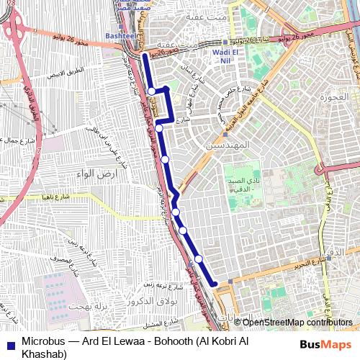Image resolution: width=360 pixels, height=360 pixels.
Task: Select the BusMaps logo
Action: click(x=326, y=344)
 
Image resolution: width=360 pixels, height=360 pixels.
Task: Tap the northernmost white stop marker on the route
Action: click(x=152, y=91)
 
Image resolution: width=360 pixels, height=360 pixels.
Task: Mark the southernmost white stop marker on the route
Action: click(x=198, y=259)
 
